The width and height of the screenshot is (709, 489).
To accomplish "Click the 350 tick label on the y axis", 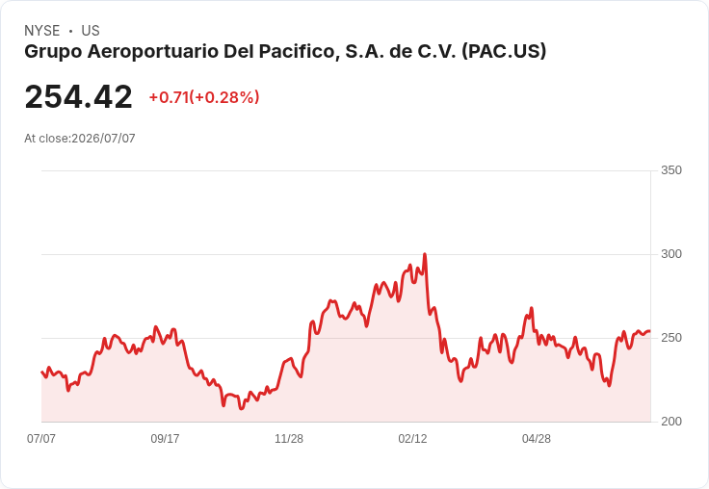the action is [671, 170].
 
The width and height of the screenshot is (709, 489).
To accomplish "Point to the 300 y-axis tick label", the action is [671, 254].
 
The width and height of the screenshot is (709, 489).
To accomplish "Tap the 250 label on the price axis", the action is [671, 338].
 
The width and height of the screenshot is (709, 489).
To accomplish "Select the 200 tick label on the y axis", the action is [671, 422].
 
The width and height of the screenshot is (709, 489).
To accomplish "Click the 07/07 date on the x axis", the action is [41, 438].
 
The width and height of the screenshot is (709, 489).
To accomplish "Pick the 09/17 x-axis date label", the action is [165, 438].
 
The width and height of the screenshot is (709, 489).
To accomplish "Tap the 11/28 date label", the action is [289, 438].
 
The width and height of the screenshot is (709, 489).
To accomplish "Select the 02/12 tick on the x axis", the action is [412, 438].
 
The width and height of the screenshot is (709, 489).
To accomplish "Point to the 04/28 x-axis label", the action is [537, 438].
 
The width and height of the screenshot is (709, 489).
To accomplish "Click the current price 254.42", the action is [78, 96].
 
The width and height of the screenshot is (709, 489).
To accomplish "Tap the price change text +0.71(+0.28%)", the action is [204, 97].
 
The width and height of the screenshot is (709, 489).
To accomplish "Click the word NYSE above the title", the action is [42, 31].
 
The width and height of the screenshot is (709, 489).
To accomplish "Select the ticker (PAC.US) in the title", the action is [504, 52].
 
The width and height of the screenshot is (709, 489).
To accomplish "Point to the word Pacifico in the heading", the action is [300, 51].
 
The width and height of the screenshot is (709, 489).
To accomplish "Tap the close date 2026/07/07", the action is [103, 139].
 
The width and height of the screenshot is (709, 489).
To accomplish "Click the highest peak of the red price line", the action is [425, 254].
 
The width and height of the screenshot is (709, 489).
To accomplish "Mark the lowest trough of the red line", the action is [241, 408].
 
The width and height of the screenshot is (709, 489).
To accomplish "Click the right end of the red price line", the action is [650, 331].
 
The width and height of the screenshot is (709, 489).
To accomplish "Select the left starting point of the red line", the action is [41, 372].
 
